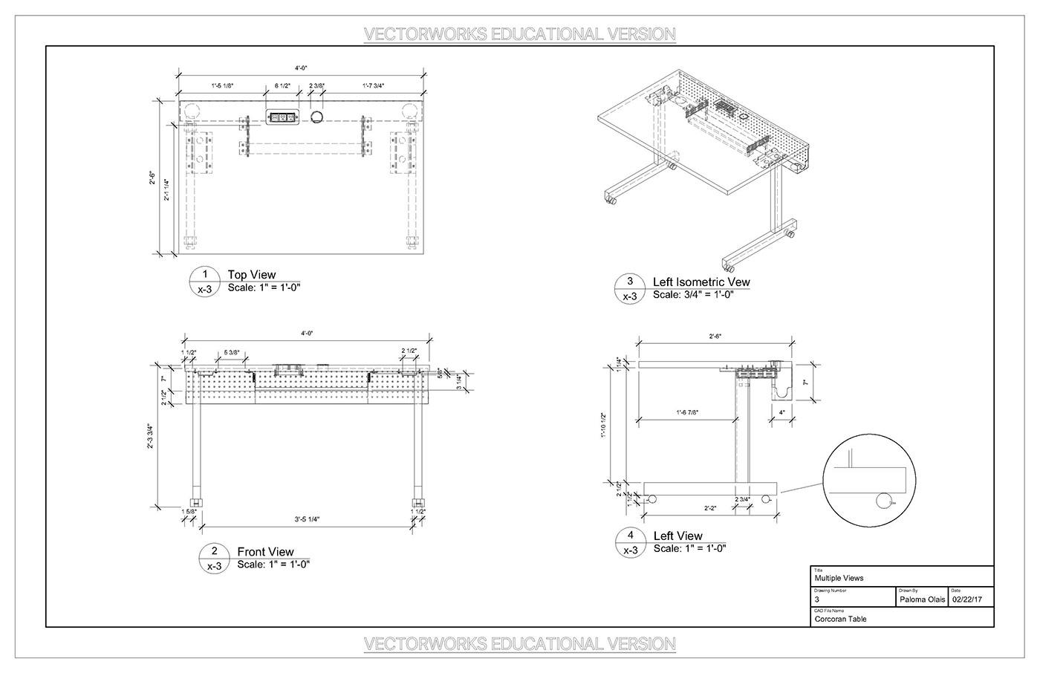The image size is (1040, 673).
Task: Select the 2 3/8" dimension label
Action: [316, 86]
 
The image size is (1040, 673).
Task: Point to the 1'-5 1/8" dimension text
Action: [221, 86]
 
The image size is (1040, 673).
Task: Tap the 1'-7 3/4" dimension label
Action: [373, 86]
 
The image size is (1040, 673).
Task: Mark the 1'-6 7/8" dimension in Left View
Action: [688, 412]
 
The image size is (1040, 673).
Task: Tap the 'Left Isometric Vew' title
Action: [701, 282]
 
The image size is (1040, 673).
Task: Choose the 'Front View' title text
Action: [265, 552]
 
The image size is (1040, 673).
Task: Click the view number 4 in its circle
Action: [631, 535]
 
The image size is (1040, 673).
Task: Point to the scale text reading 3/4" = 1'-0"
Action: [693, 295]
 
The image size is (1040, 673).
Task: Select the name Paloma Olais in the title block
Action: [922, 599]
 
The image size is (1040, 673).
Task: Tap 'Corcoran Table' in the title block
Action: [840, 619]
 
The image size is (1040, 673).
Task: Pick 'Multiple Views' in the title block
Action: [839, 578]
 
